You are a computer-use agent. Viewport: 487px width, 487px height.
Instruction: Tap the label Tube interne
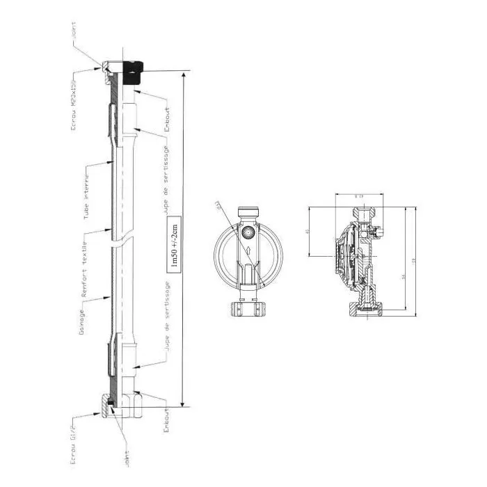pos(86,191)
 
